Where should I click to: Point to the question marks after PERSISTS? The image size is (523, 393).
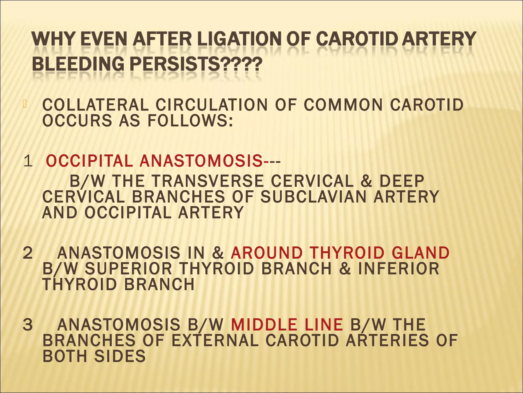pos(241,64)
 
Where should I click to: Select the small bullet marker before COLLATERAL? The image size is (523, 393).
pos(25,104)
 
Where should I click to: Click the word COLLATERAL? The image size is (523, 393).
pos(95,105)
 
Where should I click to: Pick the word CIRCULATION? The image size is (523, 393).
pos(212,105)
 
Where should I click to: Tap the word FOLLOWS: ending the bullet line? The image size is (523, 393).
pos(190,121)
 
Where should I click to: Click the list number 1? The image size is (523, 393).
pos(28,161)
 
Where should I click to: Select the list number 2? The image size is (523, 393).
pos(28,253)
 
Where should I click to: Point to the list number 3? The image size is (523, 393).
pos(28,324)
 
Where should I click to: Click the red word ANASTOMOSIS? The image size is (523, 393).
pos(201,161)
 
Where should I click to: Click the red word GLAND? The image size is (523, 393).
pos(420,253)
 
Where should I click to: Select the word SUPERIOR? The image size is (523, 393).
pos(128,269)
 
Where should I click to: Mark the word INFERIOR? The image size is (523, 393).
pos(399,269)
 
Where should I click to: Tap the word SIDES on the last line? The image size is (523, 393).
pos(120,356)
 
